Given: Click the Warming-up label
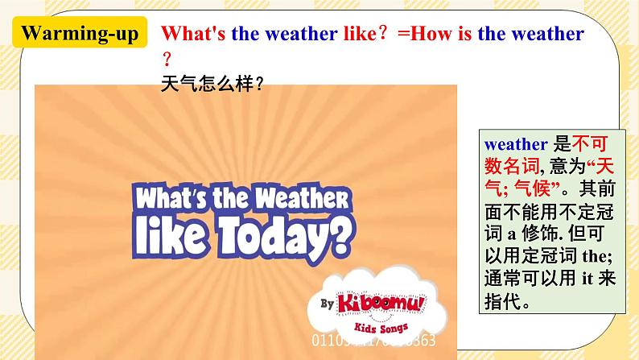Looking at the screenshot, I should [80, 34].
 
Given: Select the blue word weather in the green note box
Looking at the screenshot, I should [516, 144].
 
